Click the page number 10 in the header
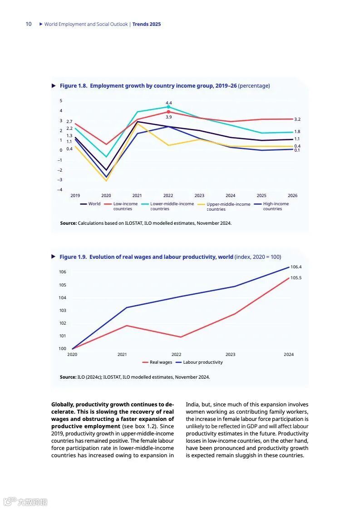point(29,24)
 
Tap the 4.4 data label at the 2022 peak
point(168,103)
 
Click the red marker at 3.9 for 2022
point(168,112)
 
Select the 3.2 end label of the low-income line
point(297,119)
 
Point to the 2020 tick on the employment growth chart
point(106,196)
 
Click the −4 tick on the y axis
point(59,190)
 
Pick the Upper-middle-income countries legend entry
point(228,207)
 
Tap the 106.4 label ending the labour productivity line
point(296,267)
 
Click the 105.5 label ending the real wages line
point(296,278)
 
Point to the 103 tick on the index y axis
point(62,311)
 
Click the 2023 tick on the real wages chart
point(230,355)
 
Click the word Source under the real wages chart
point(68,377)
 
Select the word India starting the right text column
point(192,405)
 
